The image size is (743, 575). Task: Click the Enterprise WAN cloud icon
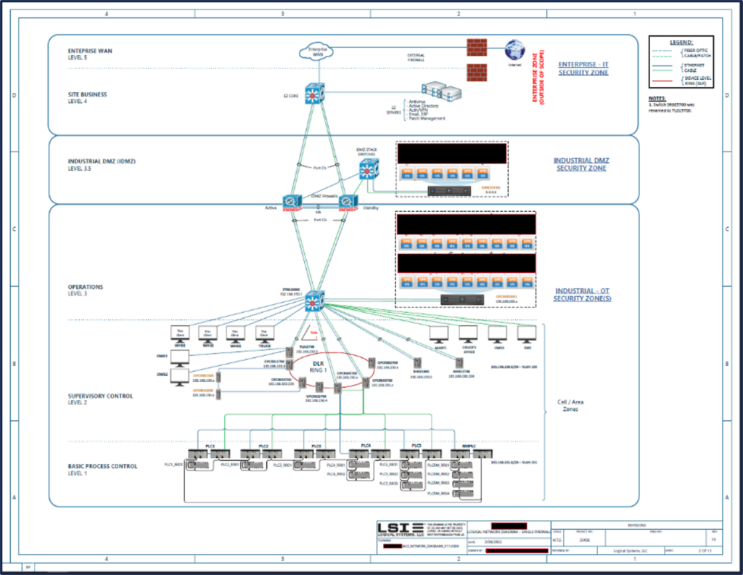[313, 52]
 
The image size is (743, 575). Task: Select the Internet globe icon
[516, 49]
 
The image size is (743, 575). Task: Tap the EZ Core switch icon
[315, 94]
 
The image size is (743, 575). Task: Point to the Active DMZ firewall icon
[292, 203]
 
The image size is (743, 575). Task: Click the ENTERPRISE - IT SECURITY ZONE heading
[583, 69]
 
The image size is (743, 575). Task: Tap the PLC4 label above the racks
[366, 444]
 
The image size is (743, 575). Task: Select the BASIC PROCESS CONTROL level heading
[102, 466]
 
